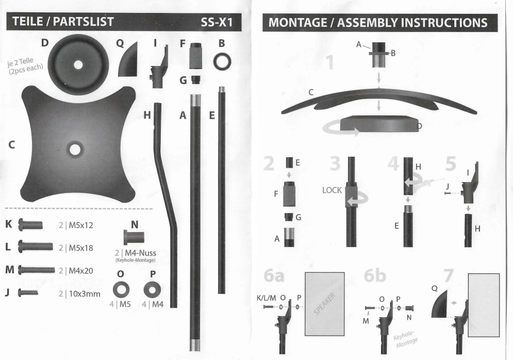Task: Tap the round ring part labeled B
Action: (x=223, y=61)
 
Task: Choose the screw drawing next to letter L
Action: (x=36, y=247)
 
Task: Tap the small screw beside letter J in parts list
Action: (x=28, y=293)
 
